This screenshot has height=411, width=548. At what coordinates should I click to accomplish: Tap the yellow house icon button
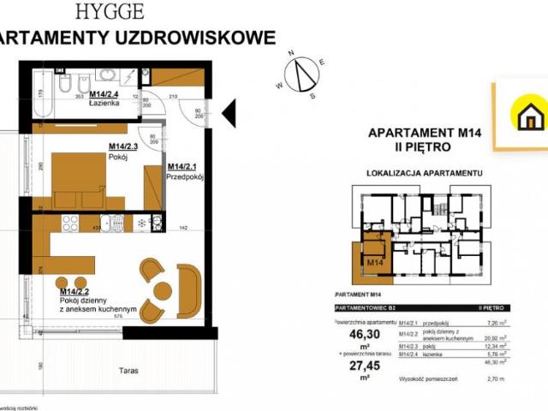click(x=527, y=115)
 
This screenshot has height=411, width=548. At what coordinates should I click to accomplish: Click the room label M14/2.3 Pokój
click(x=123, y=151)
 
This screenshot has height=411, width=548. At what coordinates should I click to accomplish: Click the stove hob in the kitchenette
click(x=70, y=223)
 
